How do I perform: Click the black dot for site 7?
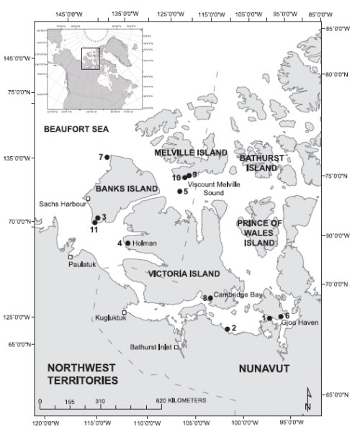tap(107, 157)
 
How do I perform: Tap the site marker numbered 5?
tap(180, 192)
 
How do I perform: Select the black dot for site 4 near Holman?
tap(128, 243)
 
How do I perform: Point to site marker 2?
tap(228, 329)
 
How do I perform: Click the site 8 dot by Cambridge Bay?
tap(210, 297)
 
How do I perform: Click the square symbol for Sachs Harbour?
tap(88, 199)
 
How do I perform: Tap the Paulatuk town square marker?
tap(71, 257)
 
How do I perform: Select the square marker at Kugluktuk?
tap(124, 312)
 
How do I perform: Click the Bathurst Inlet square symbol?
tap(176, 347)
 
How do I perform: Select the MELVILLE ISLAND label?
tap(192, 153)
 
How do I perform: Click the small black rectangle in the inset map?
tap(90, 58)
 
